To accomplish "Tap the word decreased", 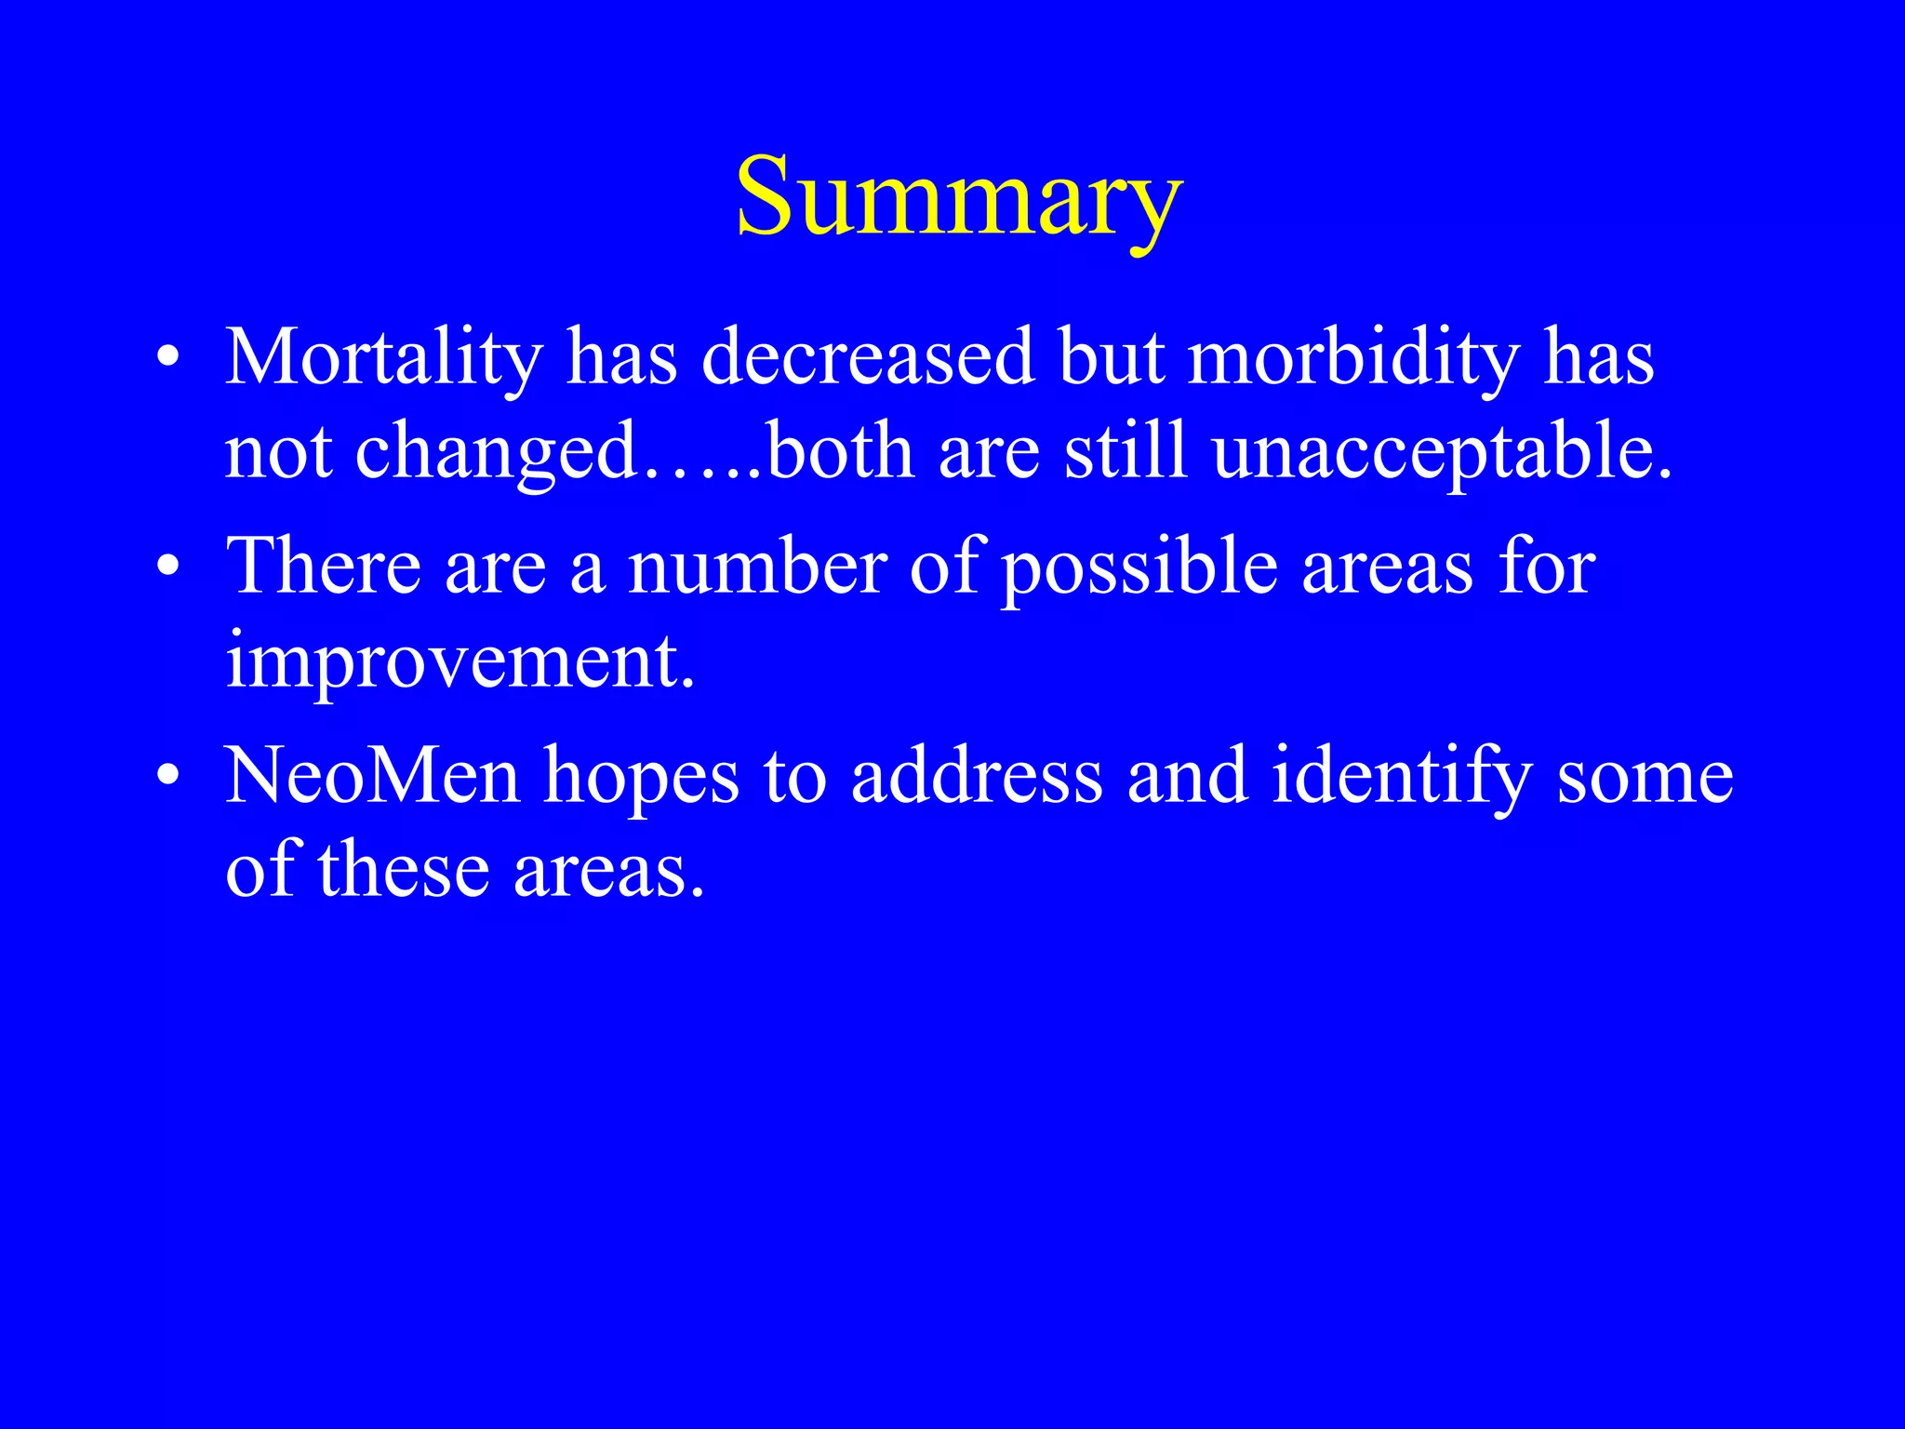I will click(x=867, y=357).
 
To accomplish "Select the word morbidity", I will click(x=1353, y=359).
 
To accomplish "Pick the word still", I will click(x=1126, y=452).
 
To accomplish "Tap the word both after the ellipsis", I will click(x=841, y=452).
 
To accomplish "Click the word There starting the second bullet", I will click(x=323, y=567).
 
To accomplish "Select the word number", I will click(x=757, y=567).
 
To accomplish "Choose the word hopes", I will click(x=641, y=778).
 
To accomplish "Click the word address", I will click(x=976, y=776).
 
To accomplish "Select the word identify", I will click(x=1401, y=778).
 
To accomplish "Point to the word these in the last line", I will click(x=404, y=871).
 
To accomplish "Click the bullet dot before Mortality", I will click(x=167, y=357).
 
